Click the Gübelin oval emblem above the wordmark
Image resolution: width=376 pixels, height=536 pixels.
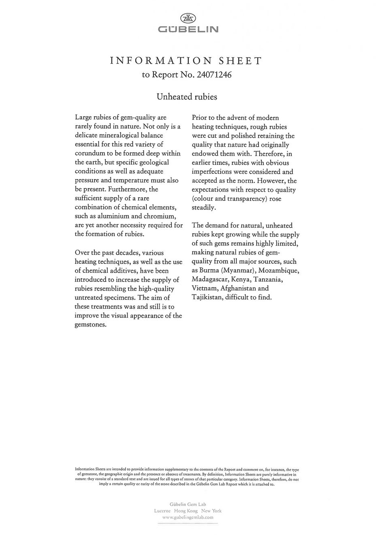tap(188, 18)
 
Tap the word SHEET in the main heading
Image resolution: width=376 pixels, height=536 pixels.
tap(240, 61)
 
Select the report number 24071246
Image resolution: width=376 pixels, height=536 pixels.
tap(214, 75)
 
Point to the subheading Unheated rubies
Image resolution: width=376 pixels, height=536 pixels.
tap(187, 97)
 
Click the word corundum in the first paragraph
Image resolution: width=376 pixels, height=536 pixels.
tap(91, 154)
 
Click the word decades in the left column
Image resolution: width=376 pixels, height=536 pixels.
tap(124, 253)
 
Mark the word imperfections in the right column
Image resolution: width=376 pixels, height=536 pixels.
tap(213, 172)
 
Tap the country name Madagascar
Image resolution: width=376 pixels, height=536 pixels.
tap(209, 280)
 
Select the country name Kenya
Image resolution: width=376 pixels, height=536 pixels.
tap(240, 280)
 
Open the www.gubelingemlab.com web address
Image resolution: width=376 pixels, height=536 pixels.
tap(188, 517)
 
